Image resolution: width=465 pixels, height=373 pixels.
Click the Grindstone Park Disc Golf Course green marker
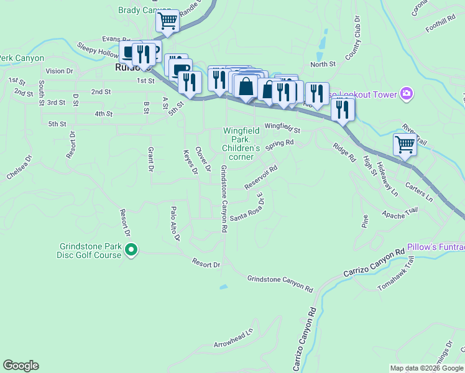131,251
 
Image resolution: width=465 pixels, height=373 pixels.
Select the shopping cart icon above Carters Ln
405,144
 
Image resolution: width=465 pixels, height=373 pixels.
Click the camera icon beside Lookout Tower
407,94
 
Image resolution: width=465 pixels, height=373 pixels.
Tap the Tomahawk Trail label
395,273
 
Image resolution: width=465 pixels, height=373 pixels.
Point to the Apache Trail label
399,214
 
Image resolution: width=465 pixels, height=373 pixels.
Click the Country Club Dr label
354,45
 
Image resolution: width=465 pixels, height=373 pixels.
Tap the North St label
323,64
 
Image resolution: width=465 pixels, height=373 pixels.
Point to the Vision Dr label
59,71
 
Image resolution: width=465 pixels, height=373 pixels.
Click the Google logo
21,366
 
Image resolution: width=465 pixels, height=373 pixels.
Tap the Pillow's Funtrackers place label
436,247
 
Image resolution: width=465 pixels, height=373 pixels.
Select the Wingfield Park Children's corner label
241,144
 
